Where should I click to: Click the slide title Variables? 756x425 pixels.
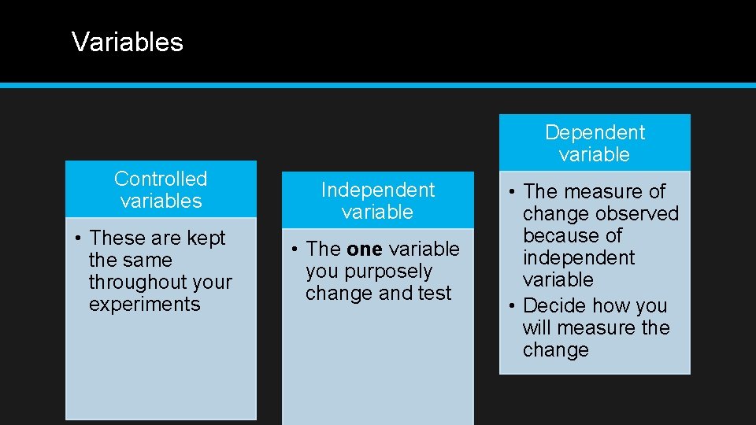click(127, 42)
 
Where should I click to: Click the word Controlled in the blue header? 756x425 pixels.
click(161, 179)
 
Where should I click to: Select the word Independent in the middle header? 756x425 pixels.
click(377, 190)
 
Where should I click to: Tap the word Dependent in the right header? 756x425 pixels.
click(595, 133)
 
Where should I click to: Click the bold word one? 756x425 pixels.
click(364, 249)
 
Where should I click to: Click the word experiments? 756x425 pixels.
click(144, 305)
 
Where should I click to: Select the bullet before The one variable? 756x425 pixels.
click(295, 249)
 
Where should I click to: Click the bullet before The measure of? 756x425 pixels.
click(512, 192)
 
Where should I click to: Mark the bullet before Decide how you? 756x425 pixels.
click(512, 306)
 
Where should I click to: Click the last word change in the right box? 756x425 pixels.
click(555, 350)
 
